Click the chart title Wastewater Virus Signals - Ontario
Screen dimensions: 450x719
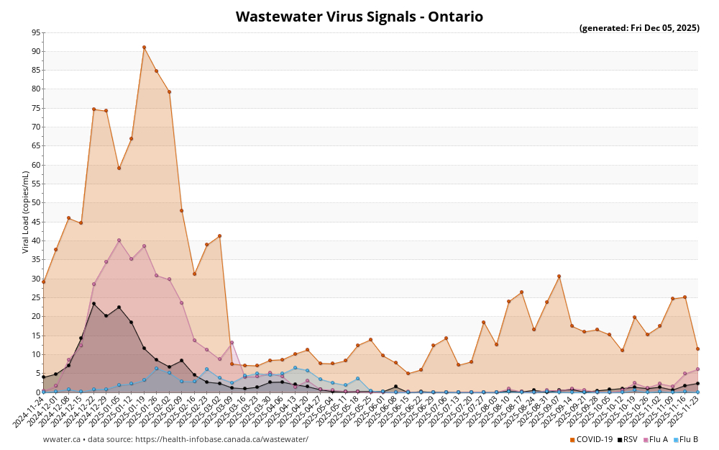point(359,17)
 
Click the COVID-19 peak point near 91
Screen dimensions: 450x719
point(144,48)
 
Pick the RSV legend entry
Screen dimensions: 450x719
point(628,439)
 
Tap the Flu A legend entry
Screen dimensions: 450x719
point(656,439)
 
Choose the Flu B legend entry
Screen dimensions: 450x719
point(686,439)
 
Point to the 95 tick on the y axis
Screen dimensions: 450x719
point(36,32)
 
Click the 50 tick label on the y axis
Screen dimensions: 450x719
point(36,203)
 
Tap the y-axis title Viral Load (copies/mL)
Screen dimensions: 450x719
point(26,212)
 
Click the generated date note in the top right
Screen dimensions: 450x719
point(639,28)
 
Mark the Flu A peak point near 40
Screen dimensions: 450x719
point(119,240)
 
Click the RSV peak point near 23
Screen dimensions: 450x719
point(93,304)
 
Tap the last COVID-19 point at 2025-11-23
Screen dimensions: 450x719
point(697,348)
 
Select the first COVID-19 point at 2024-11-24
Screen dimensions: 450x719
point(43,282)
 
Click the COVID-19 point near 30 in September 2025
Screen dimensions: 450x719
point(559,276)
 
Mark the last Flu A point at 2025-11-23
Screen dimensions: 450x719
point(697,369)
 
